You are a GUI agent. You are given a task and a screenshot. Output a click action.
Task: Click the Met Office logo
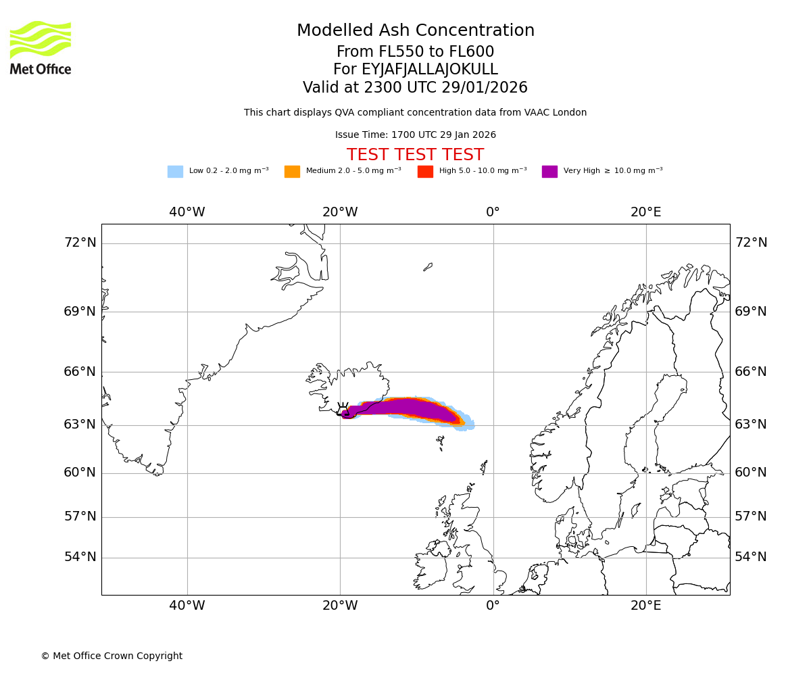click(x=41, y=47)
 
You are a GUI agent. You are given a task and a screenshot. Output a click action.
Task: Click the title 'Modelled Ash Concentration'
click(x=416, y=31)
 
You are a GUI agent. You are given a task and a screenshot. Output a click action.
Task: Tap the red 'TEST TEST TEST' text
click(x=415, y=155)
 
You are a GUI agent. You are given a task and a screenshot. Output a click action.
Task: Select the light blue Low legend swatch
click(x=175, y=171)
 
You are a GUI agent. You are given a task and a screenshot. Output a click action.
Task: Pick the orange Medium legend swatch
click(x=292, y=171)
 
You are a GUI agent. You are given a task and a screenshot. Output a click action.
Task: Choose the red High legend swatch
click(x=425, y=171)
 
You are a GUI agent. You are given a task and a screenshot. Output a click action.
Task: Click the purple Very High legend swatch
click(x=549, y=171)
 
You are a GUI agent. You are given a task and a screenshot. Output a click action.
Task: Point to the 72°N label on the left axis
click(x=80, y=243)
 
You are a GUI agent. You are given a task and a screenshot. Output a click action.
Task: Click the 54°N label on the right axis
click(x=751, y=557)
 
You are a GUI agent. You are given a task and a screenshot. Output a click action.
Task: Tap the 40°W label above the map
click(x=187, y=212)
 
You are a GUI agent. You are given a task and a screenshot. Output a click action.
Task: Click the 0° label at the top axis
click(x=493, y=212)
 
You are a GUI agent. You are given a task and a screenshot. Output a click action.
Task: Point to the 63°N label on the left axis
click(x=80, y=425)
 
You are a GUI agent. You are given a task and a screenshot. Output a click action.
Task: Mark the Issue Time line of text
click(x=415, y=135)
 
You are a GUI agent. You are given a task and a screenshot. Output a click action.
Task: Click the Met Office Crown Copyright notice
click(x=112, y=656)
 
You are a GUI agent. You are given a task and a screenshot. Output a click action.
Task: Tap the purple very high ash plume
click(x=405, y=408)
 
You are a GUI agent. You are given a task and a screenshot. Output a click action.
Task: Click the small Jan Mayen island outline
click(x=428, y=267)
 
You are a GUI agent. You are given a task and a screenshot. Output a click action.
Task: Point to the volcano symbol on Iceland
click(x=343, y=409)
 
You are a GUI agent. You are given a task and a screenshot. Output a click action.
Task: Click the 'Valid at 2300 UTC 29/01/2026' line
click(x=415, y=88)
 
